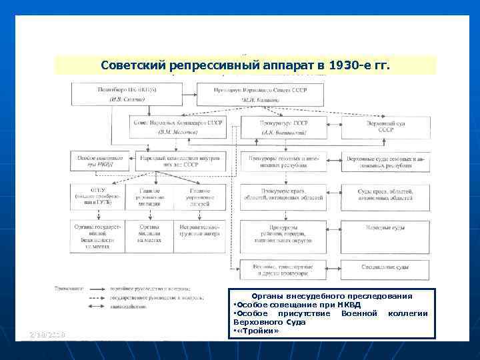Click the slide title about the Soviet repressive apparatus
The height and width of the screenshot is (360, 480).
click(x=245, y=66)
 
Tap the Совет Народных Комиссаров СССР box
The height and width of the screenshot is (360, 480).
click(x=178, y=127)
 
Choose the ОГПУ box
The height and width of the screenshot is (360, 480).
click(x=97, y=197)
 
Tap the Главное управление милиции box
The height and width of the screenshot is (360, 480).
click(x=150, y=198)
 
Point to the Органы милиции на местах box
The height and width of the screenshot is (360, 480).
click(x=150, y=235)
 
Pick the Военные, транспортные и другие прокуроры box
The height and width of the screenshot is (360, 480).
click(x=283, y=269)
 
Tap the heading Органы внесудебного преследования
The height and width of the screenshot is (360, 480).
click(x=331, y=295)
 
